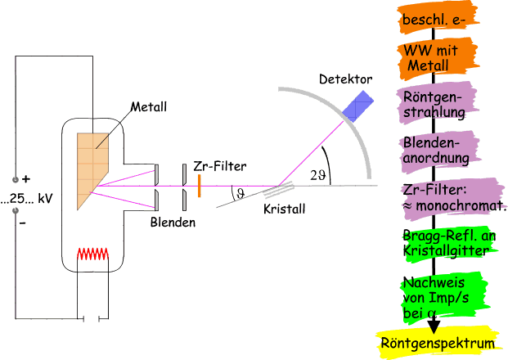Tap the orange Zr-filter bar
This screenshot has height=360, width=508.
[199, 185]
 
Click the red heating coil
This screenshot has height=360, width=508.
[93, 254]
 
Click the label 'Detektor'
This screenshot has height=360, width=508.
[346, 80]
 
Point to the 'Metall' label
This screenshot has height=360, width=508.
[149, 106]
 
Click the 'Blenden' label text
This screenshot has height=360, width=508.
[173, 223]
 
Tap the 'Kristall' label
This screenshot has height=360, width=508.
[285, 209]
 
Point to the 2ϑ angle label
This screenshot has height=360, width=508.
[318, 174]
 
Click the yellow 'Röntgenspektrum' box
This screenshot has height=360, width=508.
[438, 343]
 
